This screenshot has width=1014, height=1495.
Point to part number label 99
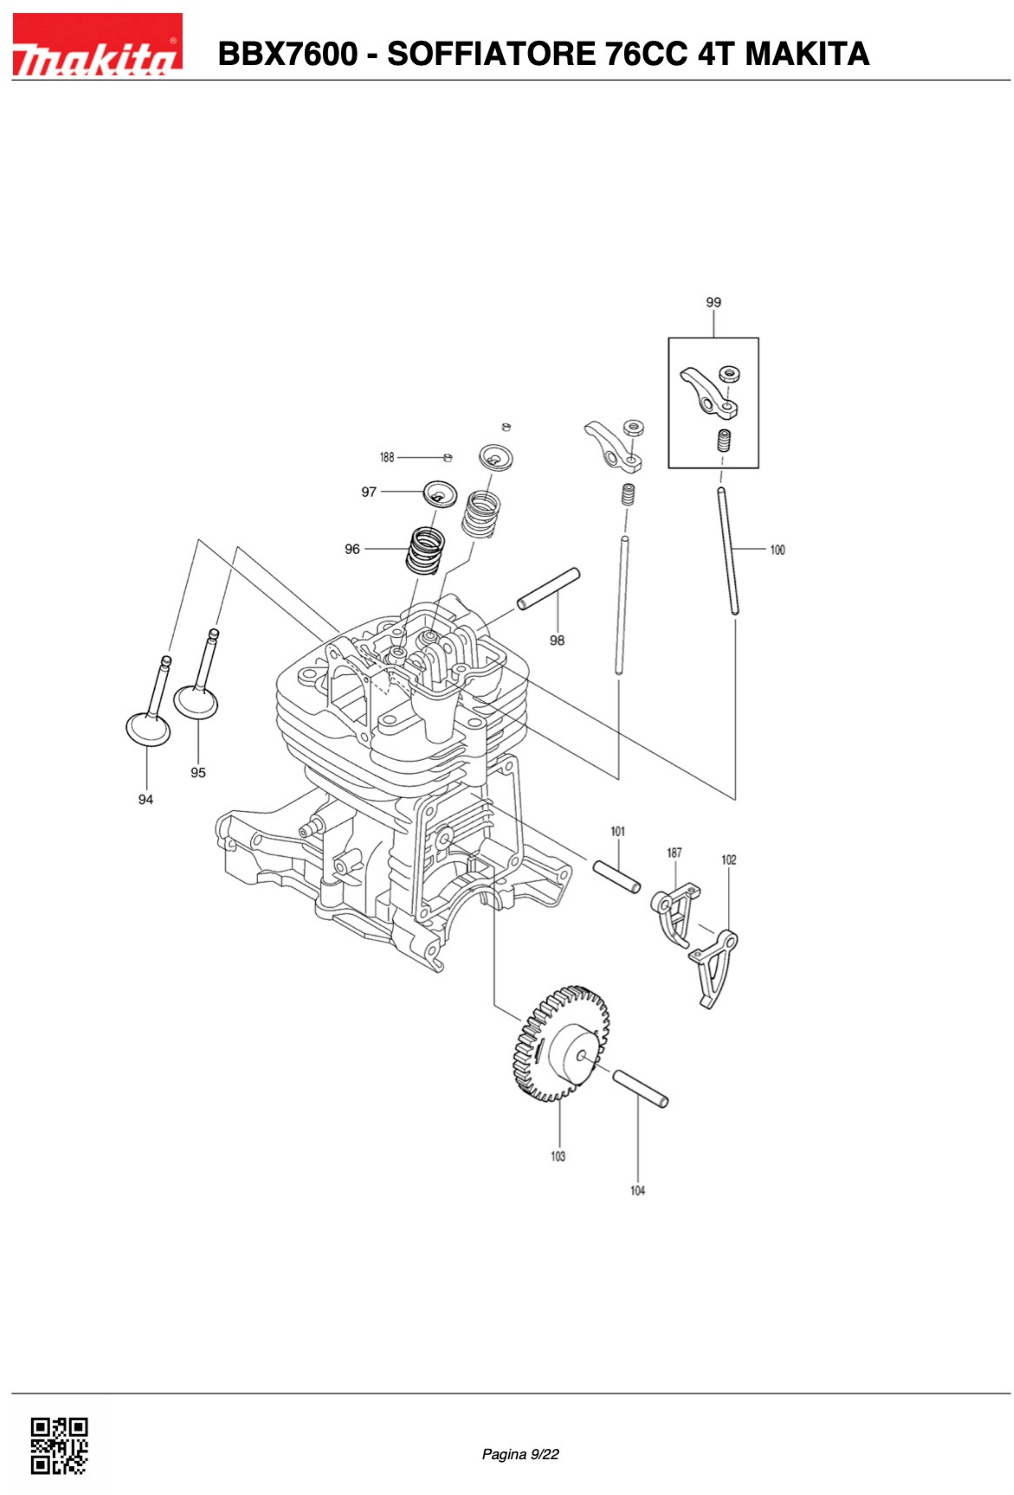coord(713,302)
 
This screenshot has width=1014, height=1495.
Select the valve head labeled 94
coord(148,729)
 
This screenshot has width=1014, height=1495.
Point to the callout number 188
coord(387,457)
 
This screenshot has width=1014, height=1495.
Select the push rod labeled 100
coord(728,551)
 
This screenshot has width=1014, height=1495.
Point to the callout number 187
coord(674,853)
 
